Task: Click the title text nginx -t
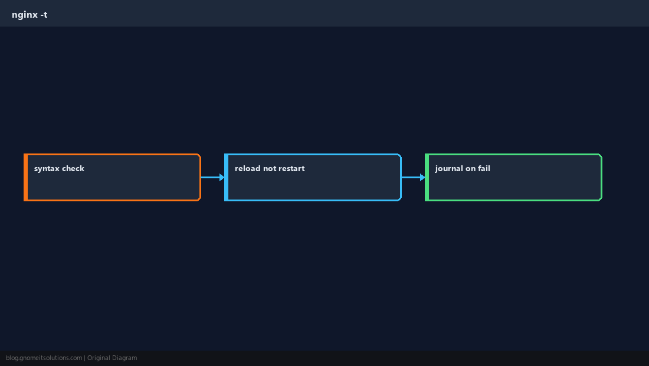(x=29, y=15)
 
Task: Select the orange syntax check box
(x=112, y=177)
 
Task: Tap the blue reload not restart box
(x=313, y=177)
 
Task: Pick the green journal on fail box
(x=513, y=177)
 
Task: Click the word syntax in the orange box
(x=47, y=169)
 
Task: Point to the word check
(x=73, y=168)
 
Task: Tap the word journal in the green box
(x=449, y=169)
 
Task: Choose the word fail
(x=484, y=168)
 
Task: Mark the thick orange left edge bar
(x=25, y=177)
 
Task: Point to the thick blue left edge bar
(x=227, y=177)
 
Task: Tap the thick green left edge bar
(x=427, y=177)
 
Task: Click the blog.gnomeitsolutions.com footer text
(x=44, y=358)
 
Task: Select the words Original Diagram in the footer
(x=112, y=358)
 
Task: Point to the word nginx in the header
(x=25, y=15)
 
